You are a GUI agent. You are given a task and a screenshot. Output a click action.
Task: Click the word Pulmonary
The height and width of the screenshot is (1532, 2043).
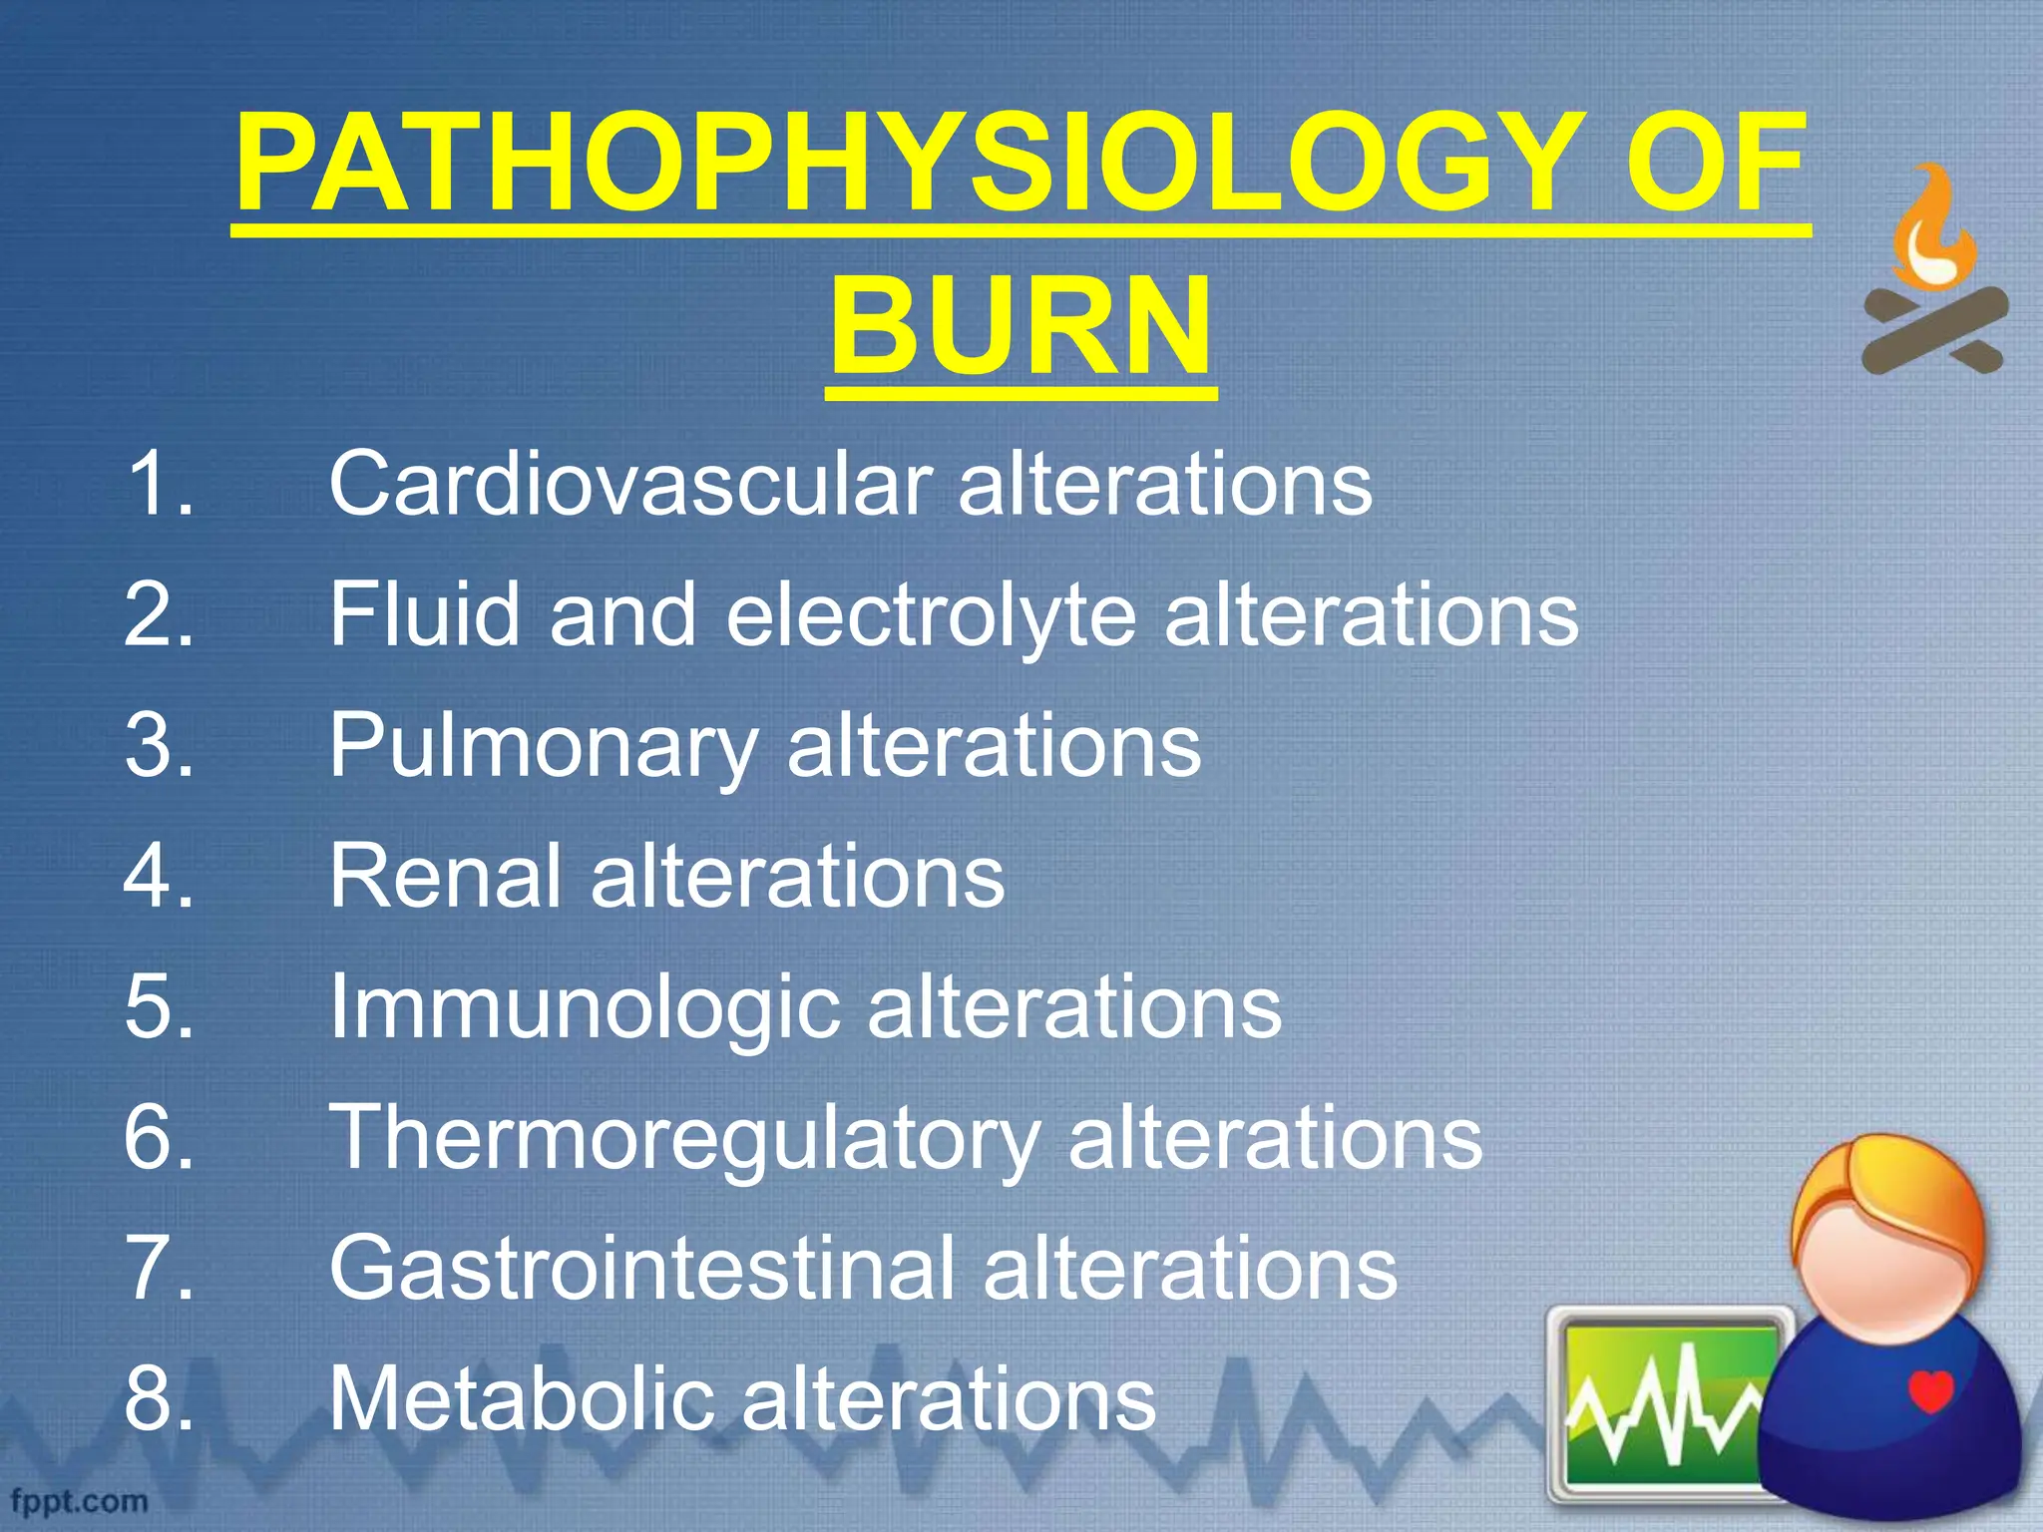[x=544, y=746]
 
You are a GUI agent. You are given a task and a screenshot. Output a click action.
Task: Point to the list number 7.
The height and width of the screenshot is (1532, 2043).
[x=158, y=1269]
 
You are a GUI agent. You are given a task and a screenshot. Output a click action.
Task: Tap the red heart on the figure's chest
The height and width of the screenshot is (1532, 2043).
[x=1930, y=1390]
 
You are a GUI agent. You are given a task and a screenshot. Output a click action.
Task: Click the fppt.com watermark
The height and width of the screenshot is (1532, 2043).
[x=80, y=1501]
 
